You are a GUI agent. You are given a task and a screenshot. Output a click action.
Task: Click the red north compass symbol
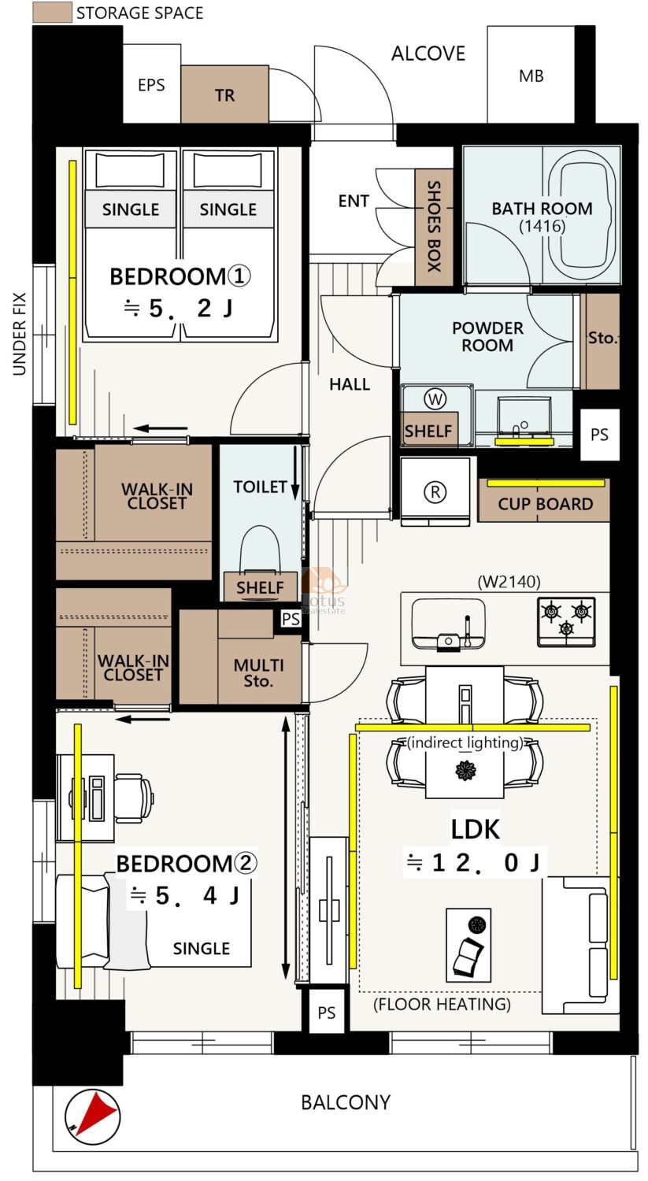tap(92, 1116)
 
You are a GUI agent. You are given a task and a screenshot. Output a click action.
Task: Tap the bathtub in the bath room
tap(582, 217)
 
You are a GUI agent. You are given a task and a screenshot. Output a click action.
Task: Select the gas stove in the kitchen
tap(566, 622)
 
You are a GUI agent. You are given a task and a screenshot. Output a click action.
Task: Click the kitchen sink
tap(448, 624)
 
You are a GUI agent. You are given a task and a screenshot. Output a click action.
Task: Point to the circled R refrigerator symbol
tap(435, 492)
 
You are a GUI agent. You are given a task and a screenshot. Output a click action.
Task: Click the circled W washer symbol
tap(435, 399)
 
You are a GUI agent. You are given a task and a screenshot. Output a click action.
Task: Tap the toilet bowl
tap(259, 548)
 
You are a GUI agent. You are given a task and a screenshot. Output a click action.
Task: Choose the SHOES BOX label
tap(433, 226)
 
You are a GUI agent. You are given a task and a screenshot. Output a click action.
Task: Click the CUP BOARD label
tap(545, 504)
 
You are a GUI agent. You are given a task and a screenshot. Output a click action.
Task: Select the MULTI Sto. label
tap(258, 673)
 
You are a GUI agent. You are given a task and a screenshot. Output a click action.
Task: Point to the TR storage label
tap(224, 95)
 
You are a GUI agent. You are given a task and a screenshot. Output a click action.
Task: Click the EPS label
tap(151, 85)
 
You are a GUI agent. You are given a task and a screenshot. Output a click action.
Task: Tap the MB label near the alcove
tap(531, 76)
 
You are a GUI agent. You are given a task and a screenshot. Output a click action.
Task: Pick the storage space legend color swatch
tap(52, 13)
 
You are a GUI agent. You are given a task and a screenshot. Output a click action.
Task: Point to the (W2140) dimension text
tap(509, 582)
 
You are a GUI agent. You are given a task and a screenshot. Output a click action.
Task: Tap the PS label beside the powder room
tap(599, 435)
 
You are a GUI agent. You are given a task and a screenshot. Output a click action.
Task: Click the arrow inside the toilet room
tap(294, 472)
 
